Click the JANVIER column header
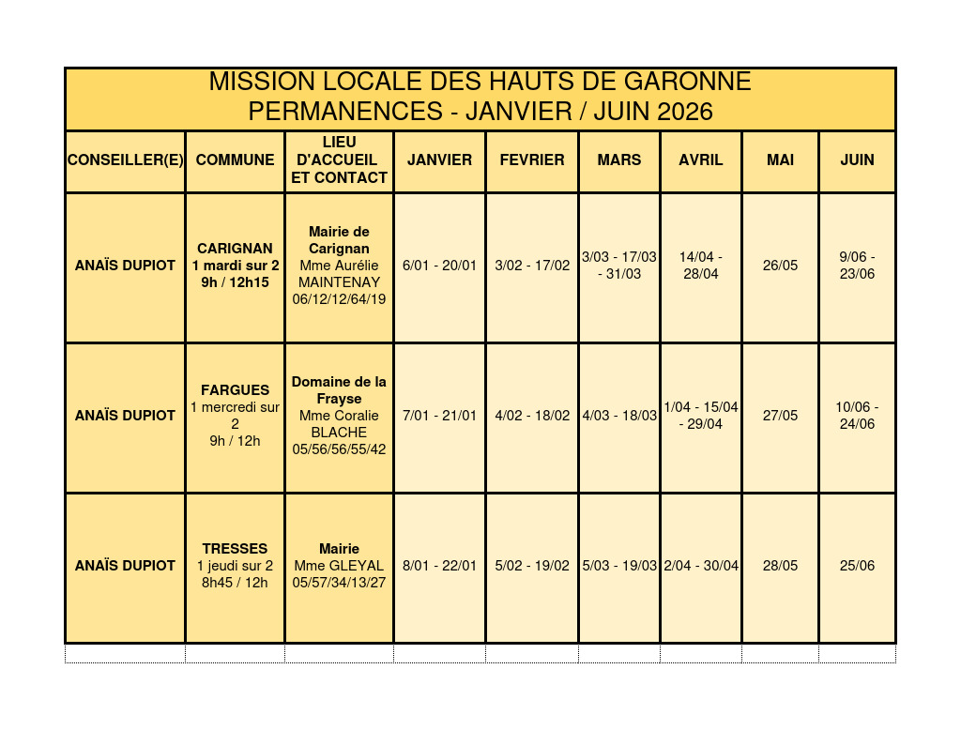439,160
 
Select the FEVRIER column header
532,160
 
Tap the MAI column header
780,160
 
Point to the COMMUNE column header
235,160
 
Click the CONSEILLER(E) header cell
125,160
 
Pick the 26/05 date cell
780,266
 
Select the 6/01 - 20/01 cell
439,266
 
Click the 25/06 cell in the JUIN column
857,566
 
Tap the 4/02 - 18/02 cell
532,416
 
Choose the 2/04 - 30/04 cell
701,566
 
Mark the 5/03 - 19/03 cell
619,566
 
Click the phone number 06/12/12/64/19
339,299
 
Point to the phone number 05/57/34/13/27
339,583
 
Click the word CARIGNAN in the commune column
235,249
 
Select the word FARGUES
235,390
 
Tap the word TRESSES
235,549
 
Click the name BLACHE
339,433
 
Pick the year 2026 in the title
685,112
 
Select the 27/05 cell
780,416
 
